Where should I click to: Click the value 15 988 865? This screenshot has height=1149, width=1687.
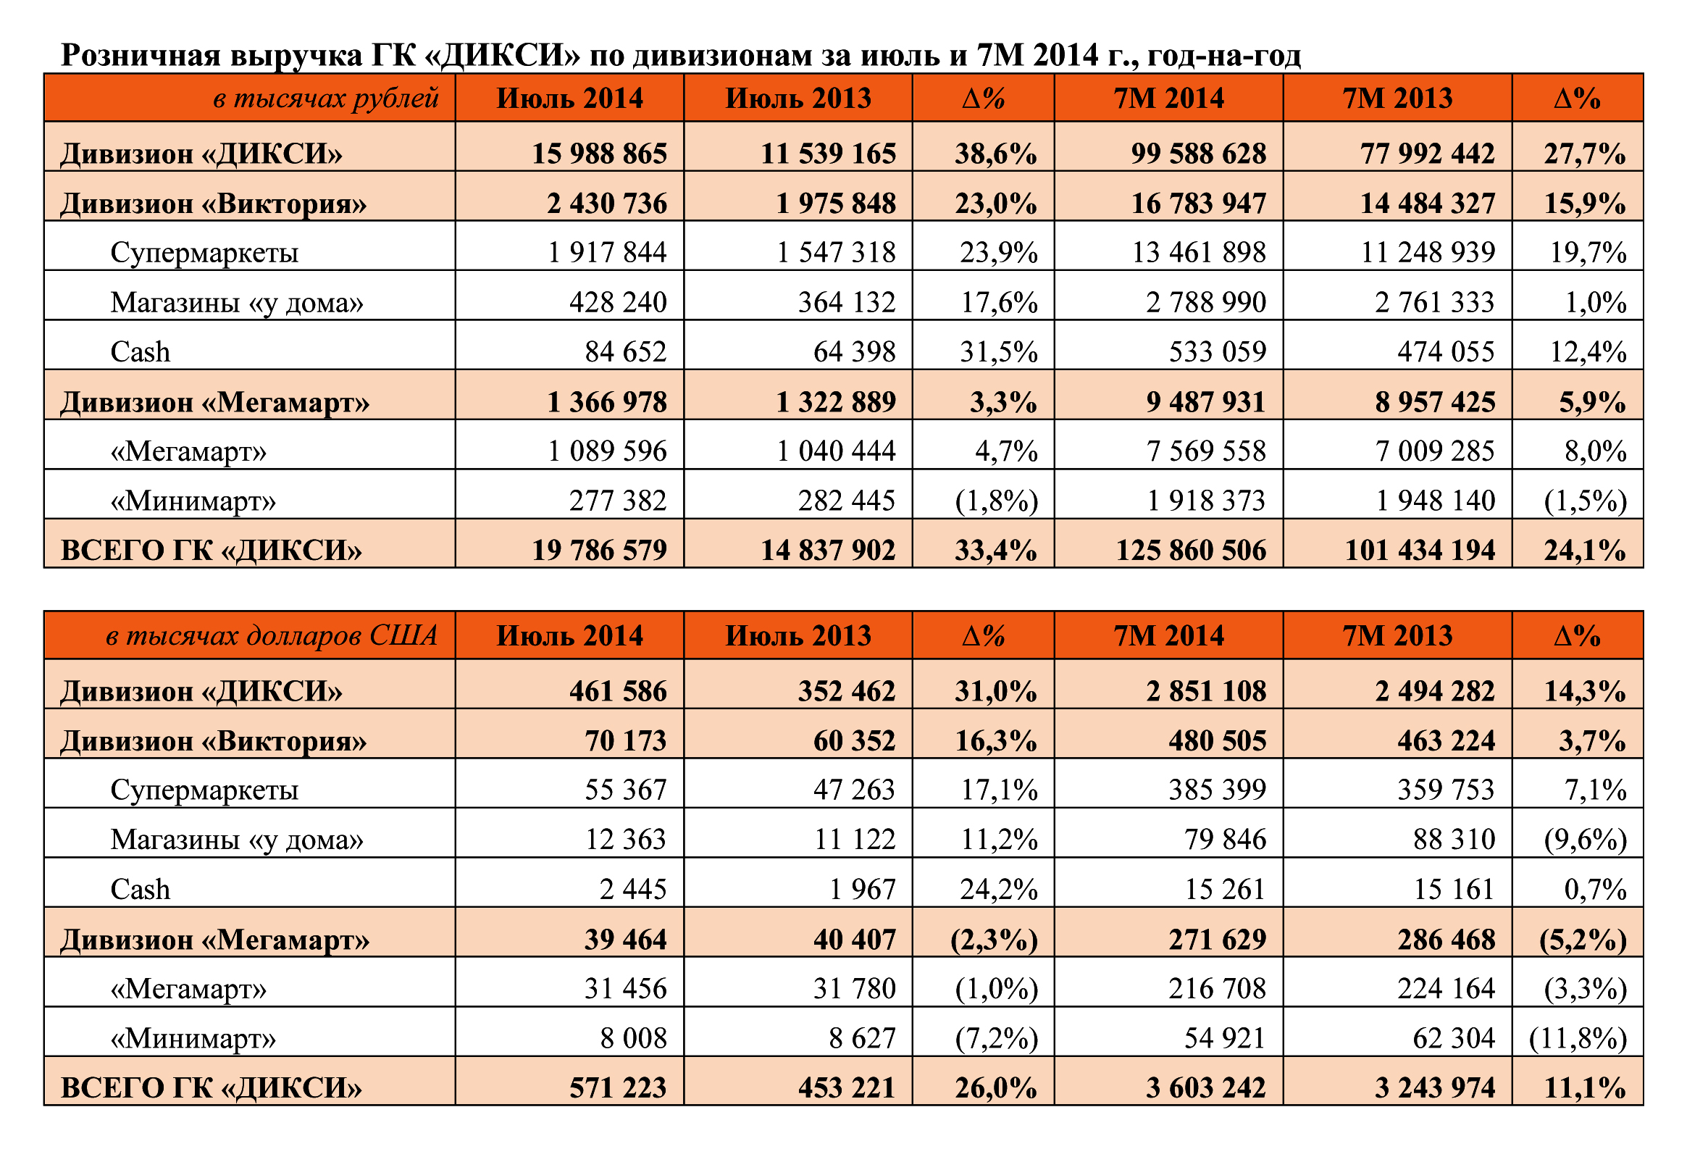tap(599, 154)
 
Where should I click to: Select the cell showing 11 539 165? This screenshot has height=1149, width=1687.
tap(827, 154)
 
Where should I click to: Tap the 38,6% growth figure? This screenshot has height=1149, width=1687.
tap(995, 154)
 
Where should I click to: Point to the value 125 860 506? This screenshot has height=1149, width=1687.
tap(1191, 550)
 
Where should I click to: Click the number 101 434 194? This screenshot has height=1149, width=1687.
tap(1420, 550)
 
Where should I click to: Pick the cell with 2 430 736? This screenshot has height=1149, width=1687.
tap(607, 204)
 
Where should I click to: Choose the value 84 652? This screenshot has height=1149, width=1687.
tap(626, 352)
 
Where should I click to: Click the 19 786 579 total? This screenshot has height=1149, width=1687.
tap(599, 550)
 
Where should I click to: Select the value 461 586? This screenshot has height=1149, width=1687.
tap(618, 691)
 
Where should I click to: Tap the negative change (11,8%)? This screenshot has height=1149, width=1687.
tap(1578, 1039)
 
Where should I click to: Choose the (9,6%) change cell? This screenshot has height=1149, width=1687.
tap(1586, 840)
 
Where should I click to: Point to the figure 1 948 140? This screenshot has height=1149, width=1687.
tap(1435, 501)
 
